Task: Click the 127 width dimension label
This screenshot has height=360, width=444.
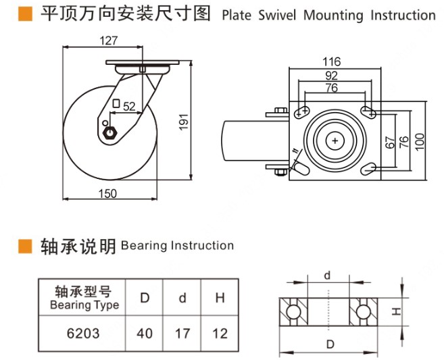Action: pos(109,41)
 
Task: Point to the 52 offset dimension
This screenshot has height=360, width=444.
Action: pos(129,105)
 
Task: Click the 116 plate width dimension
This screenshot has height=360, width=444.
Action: pos(331,61)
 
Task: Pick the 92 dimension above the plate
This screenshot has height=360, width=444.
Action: pos(331,76)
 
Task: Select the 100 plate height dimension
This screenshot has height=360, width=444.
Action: pos(420,140)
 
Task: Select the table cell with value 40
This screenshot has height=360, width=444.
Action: pos(145,333)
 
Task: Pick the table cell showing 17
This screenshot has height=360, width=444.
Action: pos(182,333)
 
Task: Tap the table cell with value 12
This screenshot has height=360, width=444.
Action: pos(220,333)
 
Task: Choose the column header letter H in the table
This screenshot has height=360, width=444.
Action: pos(220,298)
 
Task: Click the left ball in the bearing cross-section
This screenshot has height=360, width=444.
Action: pos(295,312)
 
